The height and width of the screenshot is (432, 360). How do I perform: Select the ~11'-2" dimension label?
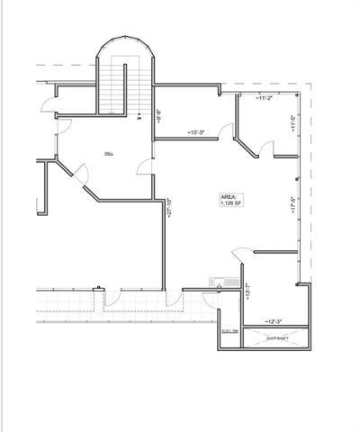264,96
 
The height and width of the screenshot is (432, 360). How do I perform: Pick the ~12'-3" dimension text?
275,321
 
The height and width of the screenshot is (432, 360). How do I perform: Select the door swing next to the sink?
238,258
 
